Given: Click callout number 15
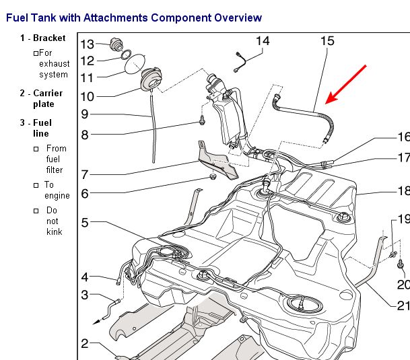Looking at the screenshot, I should (327, 41).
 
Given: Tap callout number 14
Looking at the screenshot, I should (263, 41).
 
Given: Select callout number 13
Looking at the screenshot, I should (88, 44).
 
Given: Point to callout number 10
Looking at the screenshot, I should (88, 96).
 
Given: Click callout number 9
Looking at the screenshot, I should (85, 114).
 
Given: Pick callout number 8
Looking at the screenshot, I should (85, 135).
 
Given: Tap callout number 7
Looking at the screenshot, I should (85, 174).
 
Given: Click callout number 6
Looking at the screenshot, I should (85, 194).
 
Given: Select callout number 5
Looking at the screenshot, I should (85, 222).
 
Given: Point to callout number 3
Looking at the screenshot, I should (85, 295).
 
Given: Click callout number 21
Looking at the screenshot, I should (403, 305).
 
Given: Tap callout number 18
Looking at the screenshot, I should (403, 190).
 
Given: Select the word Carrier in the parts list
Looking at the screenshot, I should (48, 93).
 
